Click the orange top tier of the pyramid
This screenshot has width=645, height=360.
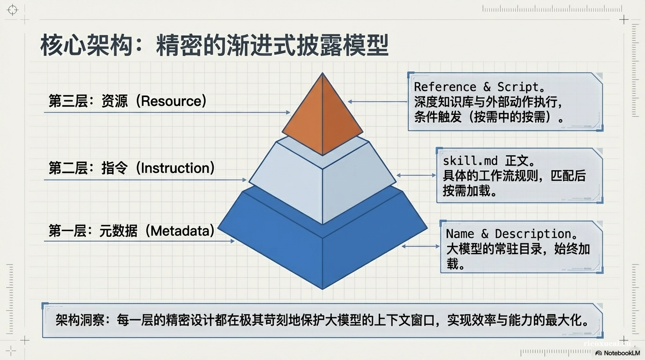point(322,117)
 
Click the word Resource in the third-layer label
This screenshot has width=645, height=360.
point(173,101)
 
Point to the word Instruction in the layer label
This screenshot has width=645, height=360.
point(178,168)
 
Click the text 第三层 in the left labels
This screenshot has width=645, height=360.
point(68,101)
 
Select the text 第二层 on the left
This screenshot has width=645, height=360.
point(68,168)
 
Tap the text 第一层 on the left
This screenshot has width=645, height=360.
point(68,231)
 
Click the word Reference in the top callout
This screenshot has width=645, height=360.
point(445,87)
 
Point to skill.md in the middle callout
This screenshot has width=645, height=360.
point(470,161)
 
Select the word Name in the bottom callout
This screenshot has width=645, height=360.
point(460,233)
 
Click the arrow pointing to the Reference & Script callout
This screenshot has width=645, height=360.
point(378,101)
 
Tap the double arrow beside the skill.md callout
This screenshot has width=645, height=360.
point(416,175)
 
